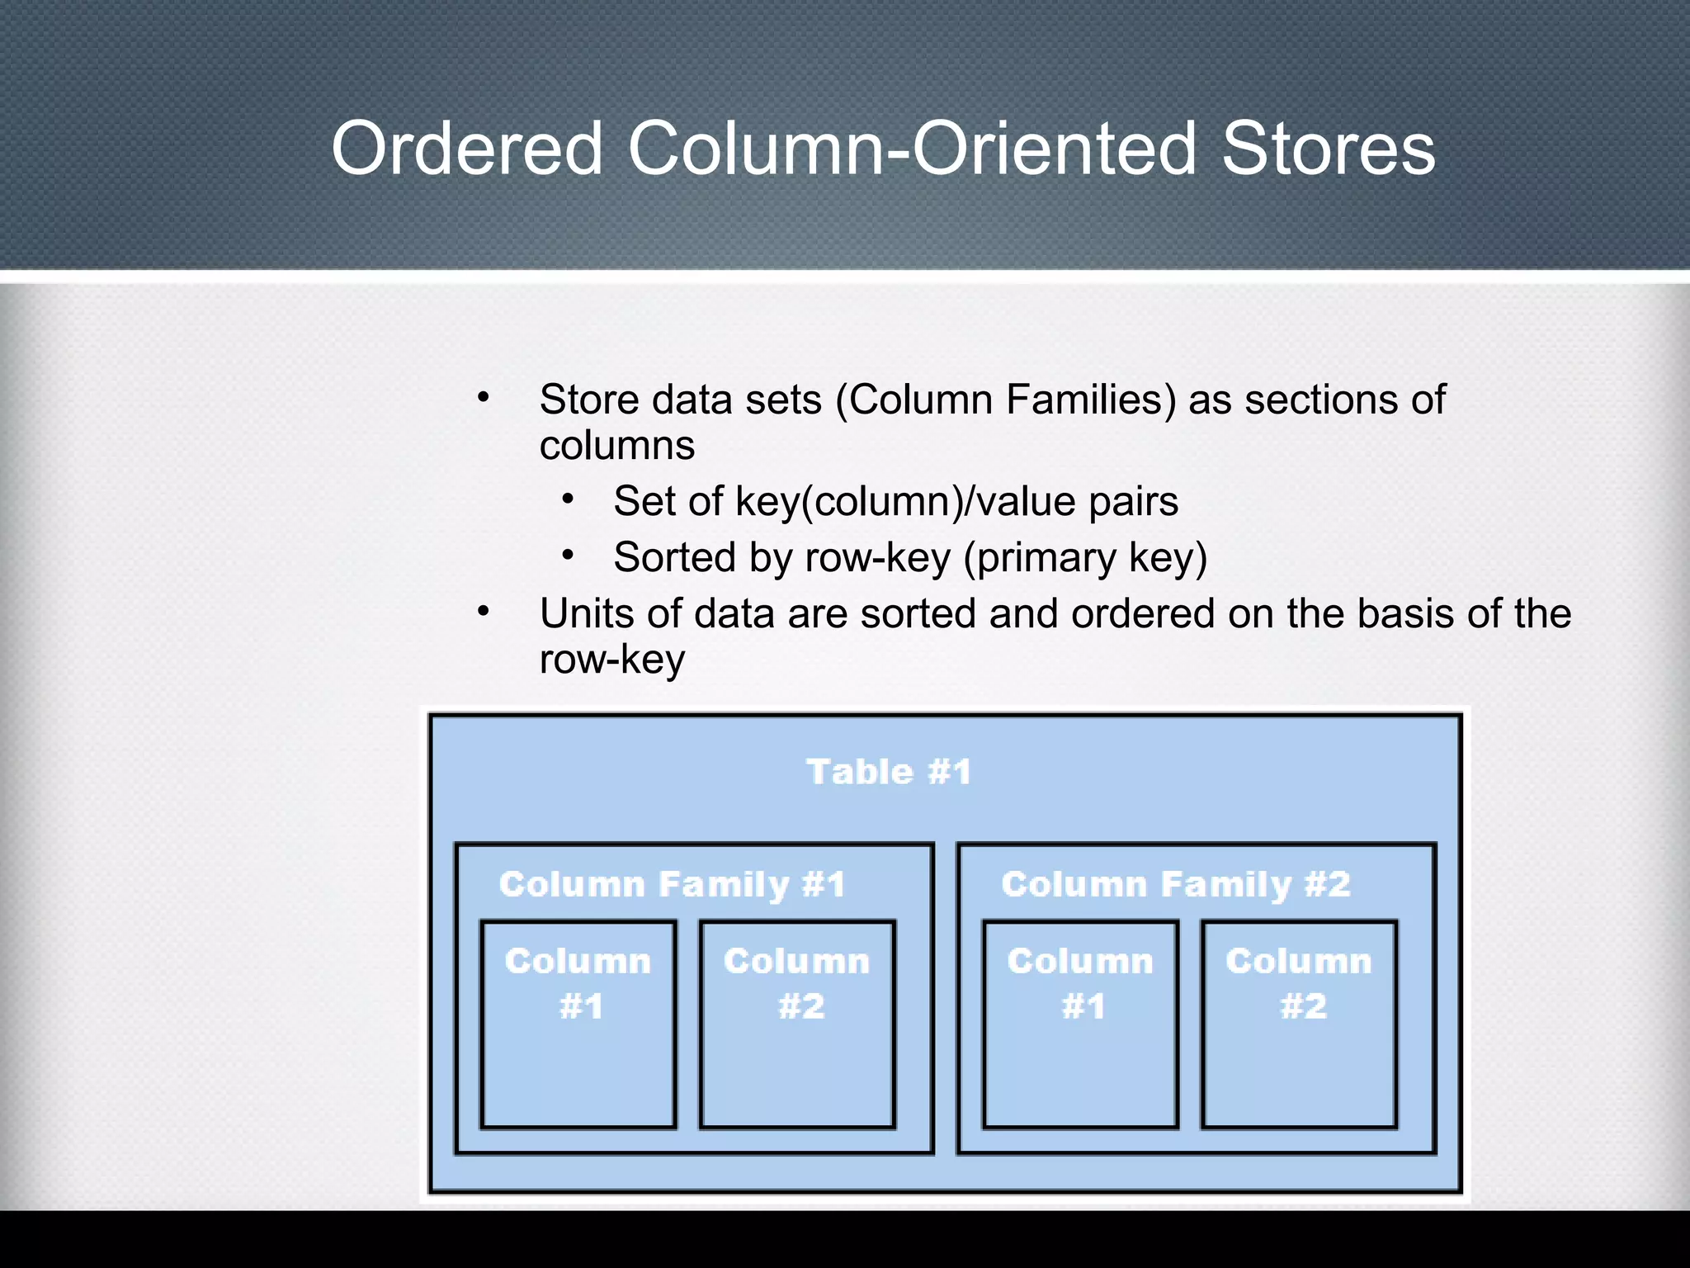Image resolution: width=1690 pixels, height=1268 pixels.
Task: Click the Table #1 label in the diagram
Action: tap(888, 772)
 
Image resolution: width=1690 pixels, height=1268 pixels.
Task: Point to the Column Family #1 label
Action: tap(673, 884)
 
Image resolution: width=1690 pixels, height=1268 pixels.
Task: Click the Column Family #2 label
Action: tap(1175, 884)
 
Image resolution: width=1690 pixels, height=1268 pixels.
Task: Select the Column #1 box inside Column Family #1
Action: tap(578, 1024)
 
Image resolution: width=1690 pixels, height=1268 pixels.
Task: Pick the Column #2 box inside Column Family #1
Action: tap(797, 1024)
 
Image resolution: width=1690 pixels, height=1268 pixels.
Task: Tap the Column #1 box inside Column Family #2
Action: tap(1080, 1024)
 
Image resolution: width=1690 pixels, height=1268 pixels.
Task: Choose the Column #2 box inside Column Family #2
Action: tap(1299, 1024)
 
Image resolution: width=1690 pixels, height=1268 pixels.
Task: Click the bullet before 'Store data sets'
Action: tap(484, 398)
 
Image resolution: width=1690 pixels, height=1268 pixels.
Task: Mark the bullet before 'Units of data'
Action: tap(484, 612)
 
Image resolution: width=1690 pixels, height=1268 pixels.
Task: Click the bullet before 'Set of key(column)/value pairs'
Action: tap(568, 499)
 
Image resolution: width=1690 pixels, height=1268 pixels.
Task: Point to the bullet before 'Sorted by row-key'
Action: tap(568, 556)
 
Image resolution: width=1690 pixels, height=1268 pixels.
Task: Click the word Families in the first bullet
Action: tap(1091, 400)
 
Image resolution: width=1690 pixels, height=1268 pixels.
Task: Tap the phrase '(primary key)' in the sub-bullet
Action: tap(1085, 558)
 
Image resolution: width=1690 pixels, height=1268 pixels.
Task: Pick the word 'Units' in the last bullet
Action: tap(587, 613)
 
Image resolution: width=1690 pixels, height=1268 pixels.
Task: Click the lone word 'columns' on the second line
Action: tap(616, 446)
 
